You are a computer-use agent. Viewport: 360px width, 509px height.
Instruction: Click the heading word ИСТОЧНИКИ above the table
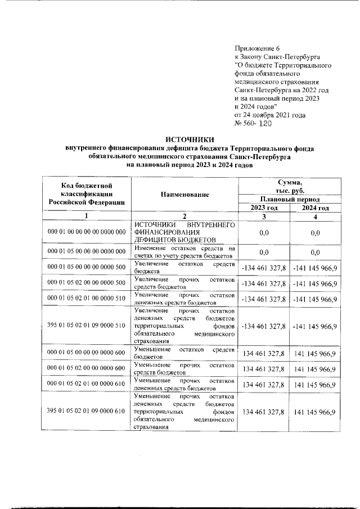coord(190,139)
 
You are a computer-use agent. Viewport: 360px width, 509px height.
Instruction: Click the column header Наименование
coord(184,194)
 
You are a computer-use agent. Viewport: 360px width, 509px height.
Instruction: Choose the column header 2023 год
coord(264,208)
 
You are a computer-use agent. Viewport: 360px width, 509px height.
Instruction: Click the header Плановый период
coord(289,199)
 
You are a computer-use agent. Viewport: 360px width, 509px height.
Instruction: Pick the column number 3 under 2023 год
coord(264,217)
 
